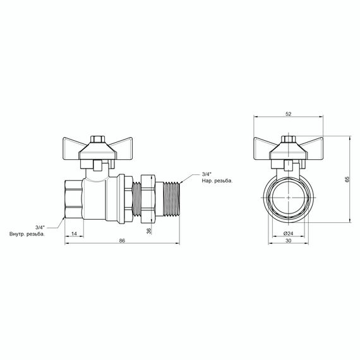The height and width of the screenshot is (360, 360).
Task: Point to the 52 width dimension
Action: (x=289, y=114)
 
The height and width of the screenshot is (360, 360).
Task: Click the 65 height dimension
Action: (x=347, y=179)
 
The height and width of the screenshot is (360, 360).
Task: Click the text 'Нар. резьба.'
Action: (x=217, y=180)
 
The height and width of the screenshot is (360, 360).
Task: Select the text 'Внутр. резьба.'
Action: (x=27, y=234)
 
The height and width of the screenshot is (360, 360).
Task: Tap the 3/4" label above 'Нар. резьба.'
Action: (x=207, y=174)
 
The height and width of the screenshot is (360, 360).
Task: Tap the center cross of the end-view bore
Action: (x=288, y=197)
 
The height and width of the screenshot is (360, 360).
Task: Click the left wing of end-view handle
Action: (x=265, y=143)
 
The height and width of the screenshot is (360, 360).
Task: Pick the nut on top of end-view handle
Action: (x=288, y=138)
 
